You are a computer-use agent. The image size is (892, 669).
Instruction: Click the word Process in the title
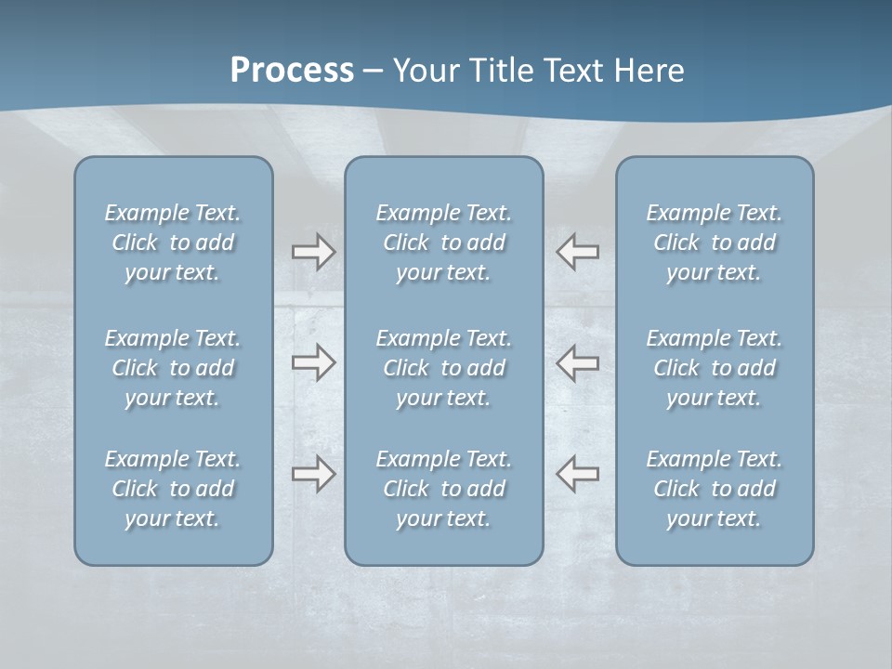[292, 71]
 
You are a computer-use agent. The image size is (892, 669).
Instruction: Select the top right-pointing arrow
[314, 252]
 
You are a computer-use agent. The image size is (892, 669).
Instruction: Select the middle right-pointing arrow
[314, 362]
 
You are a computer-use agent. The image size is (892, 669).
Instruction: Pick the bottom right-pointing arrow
[314, 474]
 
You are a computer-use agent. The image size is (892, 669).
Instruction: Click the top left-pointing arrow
[577, 252]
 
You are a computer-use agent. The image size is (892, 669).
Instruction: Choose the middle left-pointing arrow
[577, 362]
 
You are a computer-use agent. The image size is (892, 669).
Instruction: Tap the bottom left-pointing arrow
[577, 474]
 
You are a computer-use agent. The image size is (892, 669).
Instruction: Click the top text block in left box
[173, 243]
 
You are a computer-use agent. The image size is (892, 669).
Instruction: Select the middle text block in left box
[173, 368]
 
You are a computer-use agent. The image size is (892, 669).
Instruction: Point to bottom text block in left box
[173, 489]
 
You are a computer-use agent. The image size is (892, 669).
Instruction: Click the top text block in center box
[443, 243]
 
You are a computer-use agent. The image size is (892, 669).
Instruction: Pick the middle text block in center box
[443, 368]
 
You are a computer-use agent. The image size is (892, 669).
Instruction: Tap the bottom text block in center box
[443, 489]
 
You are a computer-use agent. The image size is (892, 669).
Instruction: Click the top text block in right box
[714, 243]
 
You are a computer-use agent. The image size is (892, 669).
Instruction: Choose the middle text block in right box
[714, 368]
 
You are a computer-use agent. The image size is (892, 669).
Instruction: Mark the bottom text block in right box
[714, 489]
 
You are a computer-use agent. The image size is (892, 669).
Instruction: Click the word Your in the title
[423, 71]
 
